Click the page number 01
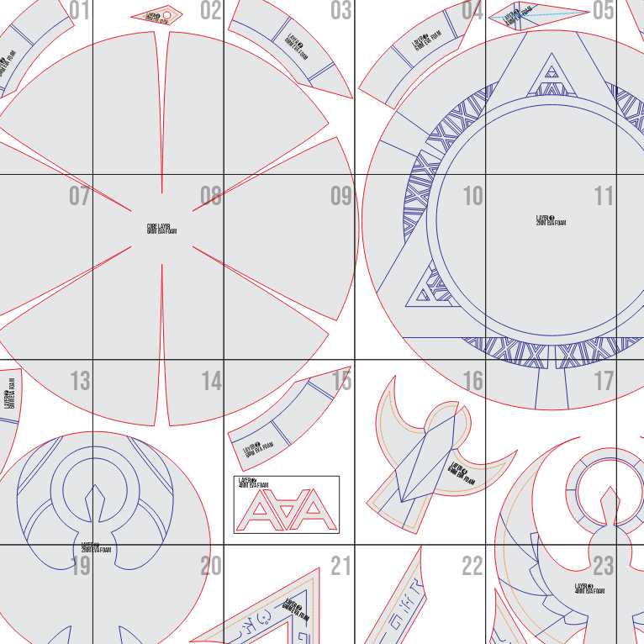coord(80,10)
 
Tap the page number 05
coord(604,10)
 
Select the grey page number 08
coord(211,197)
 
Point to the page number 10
coord(473,196)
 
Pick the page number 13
coord(80,382)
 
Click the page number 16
coord(473,382)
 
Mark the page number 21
coord(341,567)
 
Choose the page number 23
coord(604,567)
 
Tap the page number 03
coord(341,10)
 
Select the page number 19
coord(80,567)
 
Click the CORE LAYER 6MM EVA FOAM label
coord(161,228)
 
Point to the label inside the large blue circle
coord(551,220)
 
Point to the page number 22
coord(473,567)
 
